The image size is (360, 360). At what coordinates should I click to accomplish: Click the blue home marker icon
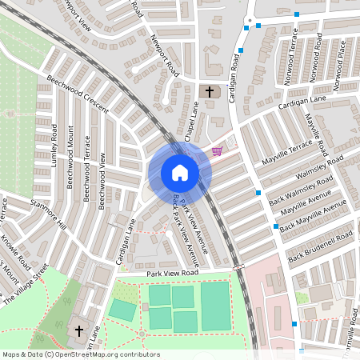click(180, 173)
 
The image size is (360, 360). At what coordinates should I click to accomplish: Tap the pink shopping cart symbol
click(217, 150)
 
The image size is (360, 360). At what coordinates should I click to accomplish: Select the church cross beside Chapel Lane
click(210, 92)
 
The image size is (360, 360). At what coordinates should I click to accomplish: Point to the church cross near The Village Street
click(79, 329)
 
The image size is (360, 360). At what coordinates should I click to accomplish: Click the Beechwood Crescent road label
click(77, 94)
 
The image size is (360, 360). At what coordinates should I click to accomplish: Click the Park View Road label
click(172, 274)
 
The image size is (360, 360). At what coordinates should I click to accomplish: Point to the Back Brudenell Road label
click(320, 247)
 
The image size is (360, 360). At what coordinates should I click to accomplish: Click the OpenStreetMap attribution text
click(80, 354)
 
